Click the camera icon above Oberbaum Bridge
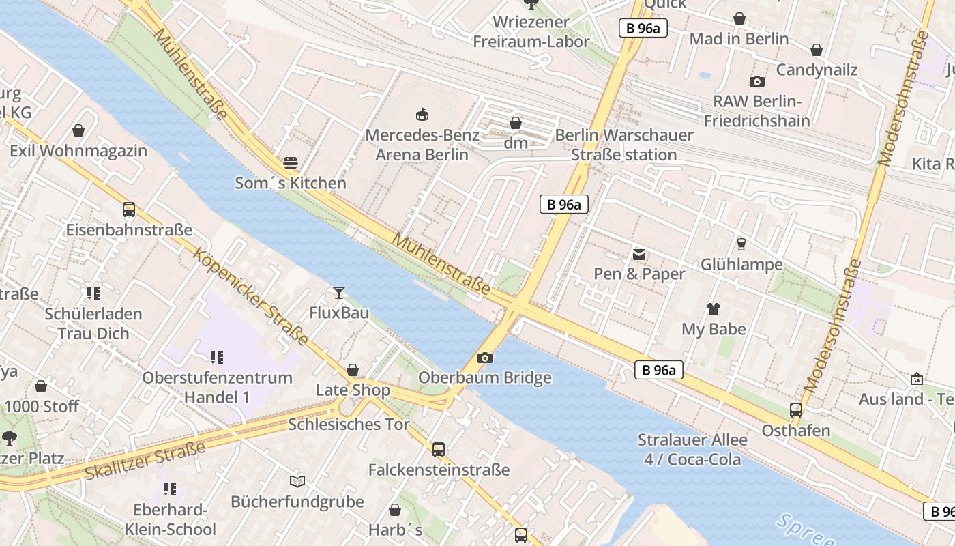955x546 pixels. tap(485, 358)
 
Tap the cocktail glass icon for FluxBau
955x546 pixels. tap(338, 293)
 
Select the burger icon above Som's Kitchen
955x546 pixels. tap(291, 163)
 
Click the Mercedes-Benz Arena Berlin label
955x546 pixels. tap(422, 145)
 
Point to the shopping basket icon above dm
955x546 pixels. tap(516, 123)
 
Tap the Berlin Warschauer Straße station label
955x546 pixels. tap(623, 145)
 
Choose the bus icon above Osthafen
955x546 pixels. tap(795, 410)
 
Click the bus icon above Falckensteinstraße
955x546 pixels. tap(439, 450)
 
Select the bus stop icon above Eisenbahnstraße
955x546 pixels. tap(129, 210)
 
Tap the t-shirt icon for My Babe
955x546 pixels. tap(714, 308)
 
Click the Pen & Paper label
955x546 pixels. tap(638, 274)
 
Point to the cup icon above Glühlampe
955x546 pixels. tap(741, 244)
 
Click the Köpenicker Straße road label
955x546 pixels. tap(250, 296)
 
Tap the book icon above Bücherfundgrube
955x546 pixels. tap(297, 481)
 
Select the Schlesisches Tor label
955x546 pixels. tap(349, 424)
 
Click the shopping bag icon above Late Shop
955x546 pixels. tap(353, 370)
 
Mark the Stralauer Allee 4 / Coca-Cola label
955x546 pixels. tap(692, 449)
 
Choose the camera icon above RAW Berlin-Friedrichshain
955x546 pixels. tap(756, 82)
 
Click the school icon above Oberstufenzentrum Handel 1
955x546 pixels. tap(217, 357)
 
